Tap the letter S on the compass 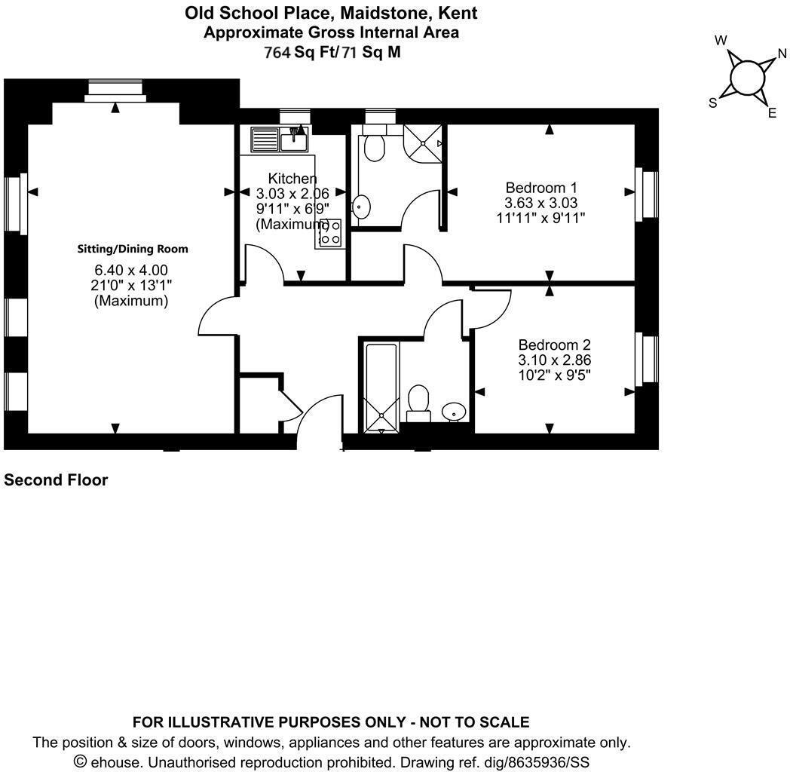coord(712,103)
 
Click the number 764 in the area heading coord(277,52)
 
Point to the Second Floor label coord(56,480)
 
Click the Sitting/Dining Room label coord(133,249)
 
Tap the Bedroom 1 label coord(540,188)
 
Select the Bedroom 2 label coord(554,345)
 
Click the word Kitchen coord(292,179)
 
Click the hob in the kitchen coord(330,233)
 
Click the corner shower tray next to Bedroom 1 coord(424,142)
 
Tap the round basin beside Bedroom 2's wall coord(453,411)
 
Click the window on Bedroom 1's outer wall coord(647,195)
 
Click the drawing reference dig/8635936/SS coord(527,761)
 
